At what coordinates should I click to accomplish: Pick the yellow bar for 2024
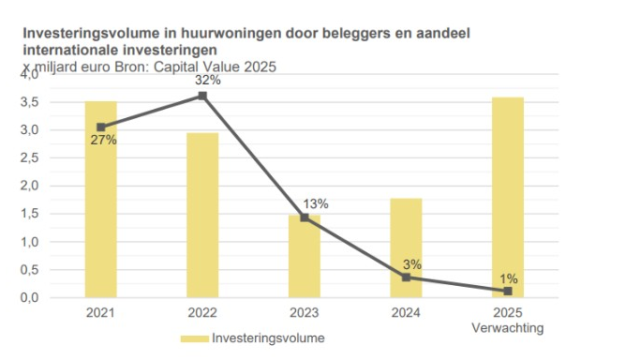(406, 247)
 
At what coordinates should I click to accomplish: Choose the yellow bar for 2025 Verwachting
(508, 197)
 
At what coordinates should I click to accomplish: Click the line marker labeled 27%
(101, 127)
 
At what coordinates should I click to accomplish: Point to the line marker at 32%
(202, 95)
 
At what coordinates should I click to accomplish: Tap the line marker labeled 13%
(305, 217)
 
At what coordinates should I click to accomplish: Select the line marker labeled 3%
(406, 277)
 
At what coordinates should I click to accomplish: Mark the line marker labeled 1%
(508, 291)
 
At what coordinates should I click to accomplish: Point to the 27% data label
(103, 141)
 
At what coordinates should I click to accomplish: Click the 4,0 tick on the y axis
(29, 74)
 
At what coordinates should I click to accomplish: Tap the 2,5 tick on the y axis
(29, 157)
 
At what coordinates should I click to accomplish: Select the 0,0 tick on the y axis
(29, 298)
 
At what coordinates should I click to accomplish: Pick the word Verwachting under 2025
(508, 328)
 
